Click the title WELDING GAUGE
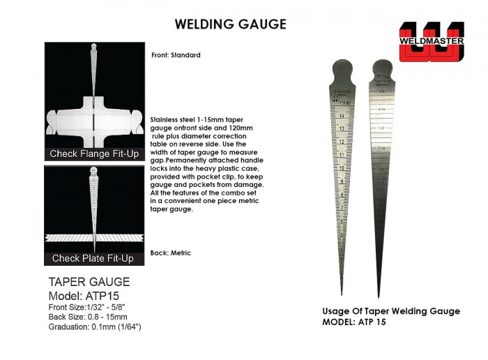coord(230,24)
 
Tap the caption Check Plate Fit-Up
coord(93,258)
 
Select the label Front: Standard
coord(176,55)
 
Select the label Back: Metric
coord(170,253)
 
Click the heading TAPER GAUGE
coord(89,282)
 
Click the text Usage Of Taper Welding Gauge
coord(391,312)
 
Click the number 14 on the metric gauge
coord(342,116)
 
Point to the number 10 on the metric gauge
coord(342,167)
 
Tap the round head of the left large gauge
coord(341,70)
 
